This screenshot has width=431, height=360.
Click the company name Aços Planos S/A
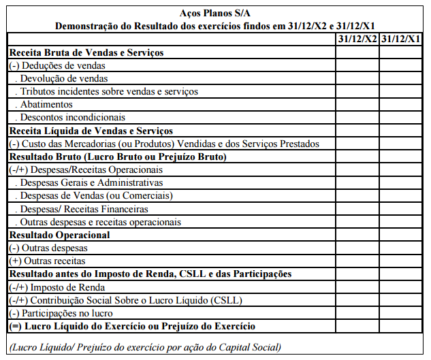pyautogui.click(x=214, y=13)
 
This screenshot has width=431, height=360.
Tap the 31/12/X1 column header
pyautogui.click(x=401, y=38)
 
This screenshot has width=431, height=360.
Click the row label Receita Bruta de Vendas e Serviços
pyautogui.click(x=86, y=52)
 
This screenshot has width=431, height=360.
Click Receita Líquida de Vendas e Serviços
pyautogui.click(x=91, y=131)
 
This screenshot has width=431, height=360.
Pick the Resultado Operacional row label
pyautogui.click(x=59, y=235)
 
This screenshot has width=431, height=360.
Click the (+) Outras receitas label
pyautogui.click(x=47, y=261)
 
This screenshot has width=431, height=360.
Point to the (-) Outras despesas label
pyautogui.click(x=48, y=248)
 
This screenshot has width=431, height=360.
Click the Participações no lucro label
pyautogui.click(x=65, y=314)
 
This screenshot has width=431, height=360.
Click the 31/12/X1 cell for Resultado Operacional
pyautogui.click(x=401, y=235)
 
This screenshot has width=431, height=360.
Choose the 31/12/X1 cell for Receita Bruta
pyautogui.click(x=401, y=52)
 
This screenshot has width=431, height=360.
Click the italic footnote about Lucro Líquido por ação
pyautogui.click(x=144, y=347)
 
